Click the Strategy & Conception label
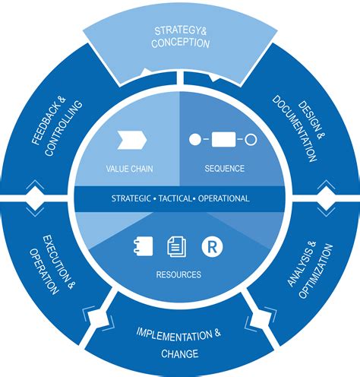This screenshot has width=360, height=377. (x=181, y=36)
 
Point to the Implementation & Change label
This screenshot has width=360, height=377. (x=179, y=344)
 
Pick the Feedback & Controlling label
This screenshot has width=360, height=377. (x=54, y=126)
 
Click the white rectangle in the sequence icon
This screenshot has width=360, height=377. (x=223, y=140)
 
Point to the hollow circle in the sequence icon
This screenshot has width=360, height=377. (x=251, y=140)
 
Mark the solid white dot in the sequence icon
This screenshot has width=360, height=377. (x=194, y=140)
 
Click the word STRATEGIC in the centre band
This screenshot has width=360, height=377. (x=131, y=198)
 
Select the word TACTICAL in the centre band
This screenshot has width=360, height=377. (x=177, y=198)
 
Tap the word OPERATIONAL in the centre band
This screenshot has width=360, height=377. (x=223, y=198)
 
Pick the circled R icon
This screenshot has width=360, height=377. (x=210, y=245)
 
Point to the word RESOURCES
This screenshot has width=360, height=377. (x=180, y=274)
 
